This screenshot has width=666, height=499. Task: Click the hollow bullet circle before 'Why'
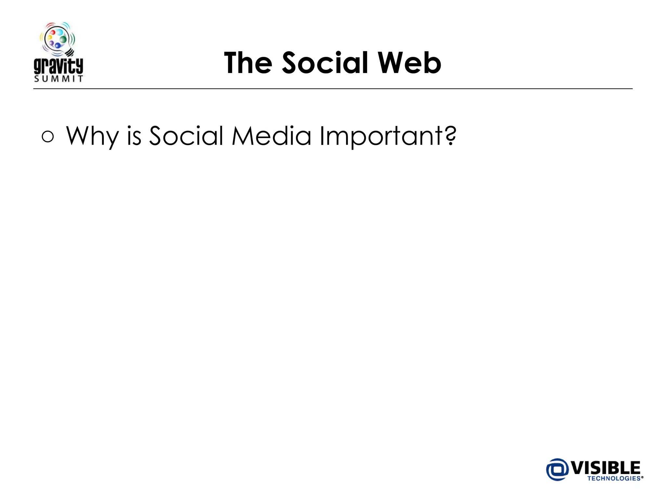pyautogui.click(x=48, y=136)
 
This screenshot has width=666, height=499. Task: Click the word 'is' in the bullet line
pyautogui.click(x=134, y=136)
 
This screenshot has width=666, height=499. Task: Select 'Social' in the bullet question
pyautogui.click(x=186, y=136)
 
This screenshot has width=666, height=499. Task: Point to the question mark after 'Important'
pyautogui.click(x=451, y=135)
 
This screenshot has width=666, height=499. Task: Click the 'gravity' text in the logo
pyautogui.click(x=59, y=66)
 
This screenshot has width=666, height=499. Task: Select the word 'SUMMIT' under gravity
pyautogui.click(x=59, y=79)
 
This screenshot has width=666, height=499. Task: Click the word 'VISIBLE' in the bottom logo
pyautogui.click(x=606, y=468)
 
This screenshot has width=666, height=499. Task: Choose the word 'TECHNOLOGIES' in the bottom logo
pyautogui.click(x=614, y=479)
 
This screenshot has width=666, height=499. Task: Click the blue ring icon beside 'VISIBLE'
pyautogui.click(x=557, y=469)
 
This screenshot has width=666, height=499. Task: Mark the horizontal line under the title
pyautogui.click(x=333, y=89)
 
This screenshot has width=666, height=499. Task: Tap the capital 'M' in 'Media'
pyautogui.click(x=244, y=136)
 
